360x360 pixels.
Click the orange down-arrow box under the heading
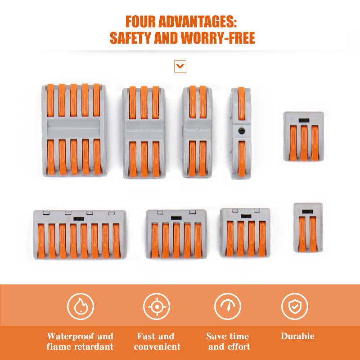pos(180,67)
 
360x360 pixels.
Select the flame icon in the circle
pos(81,306)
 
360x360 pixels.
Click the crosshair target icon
pos(157,306)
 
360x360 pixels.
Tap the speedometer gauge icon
pos(227,306)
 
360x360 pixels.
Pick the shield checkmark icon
pos(295,306)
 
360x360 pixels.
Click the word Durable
pos(297,336)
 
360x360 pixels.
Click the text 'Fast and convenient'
pos(157,342)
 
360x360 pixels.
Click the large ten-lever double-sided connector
pos(75,130)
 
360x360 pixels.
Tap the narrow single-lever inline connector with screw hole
pos(241,133)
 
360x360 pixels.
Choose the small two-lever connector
pos(308,227)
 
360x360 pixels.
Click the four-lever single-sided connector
pos(245,233)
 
